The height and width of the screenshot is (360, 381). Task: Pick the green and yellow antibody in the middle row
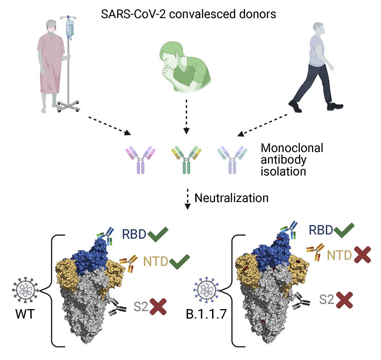click(186, 159)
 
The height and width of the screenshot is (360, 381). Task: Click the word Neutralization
click(231, 198)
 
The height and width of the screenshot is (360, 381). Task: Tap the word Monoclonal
click(292, 149)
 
